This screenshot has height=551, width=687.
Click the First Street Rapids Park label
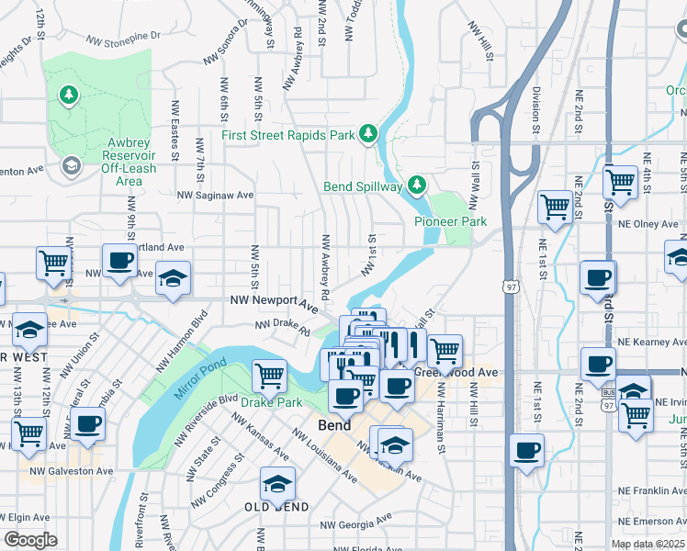pos(287,136)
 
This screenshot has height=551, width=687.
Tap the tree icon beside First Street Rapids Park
pos(368,135)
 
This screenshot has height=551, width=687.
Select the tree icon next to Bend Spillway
pos(417,186)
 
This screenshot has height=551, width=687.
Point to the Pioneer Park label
pos(450,221)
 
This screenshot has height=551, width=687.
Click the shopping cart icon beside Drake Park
pos(269,375)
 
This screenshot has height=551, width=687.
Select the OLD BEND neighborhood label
pos(269,507)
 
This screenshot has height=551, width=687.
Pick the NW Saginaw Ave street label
pos(215,195)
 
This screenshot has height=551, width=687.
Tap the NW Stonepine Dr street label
pos(123,39)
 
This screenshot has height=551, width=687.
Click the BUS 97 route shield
pos(609,400)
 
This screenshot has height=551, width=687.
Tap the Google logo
pos(30,540)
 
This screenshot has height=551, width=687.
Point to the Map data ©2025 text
pos(648,544)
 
